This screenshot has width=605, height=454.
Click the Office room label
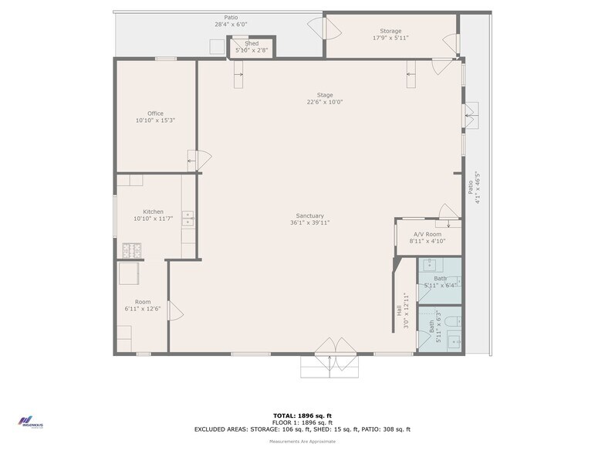155,113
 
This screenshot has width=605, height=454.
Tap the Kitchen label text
153,212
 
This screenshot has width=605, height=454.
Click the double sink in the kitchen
187,218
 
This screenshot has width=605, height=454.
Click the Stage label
325,95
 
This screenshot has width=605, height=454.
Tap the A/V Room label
427,234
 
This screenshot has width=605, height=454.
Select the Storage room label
390,31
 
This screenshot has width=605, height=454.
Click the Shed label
252,44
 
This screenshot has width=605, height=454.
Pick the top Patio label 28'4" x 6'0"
231,17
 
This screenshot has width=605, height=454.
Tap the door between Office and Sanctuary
200,161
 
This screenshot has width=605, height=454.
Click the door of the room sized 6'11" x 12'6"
174,312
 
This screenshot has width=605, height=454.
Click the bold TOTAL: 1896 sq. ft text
302,415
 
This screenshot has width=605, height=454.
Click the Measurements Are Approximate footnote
302,442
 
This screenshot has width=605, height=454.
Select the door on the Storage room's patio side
322,28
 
